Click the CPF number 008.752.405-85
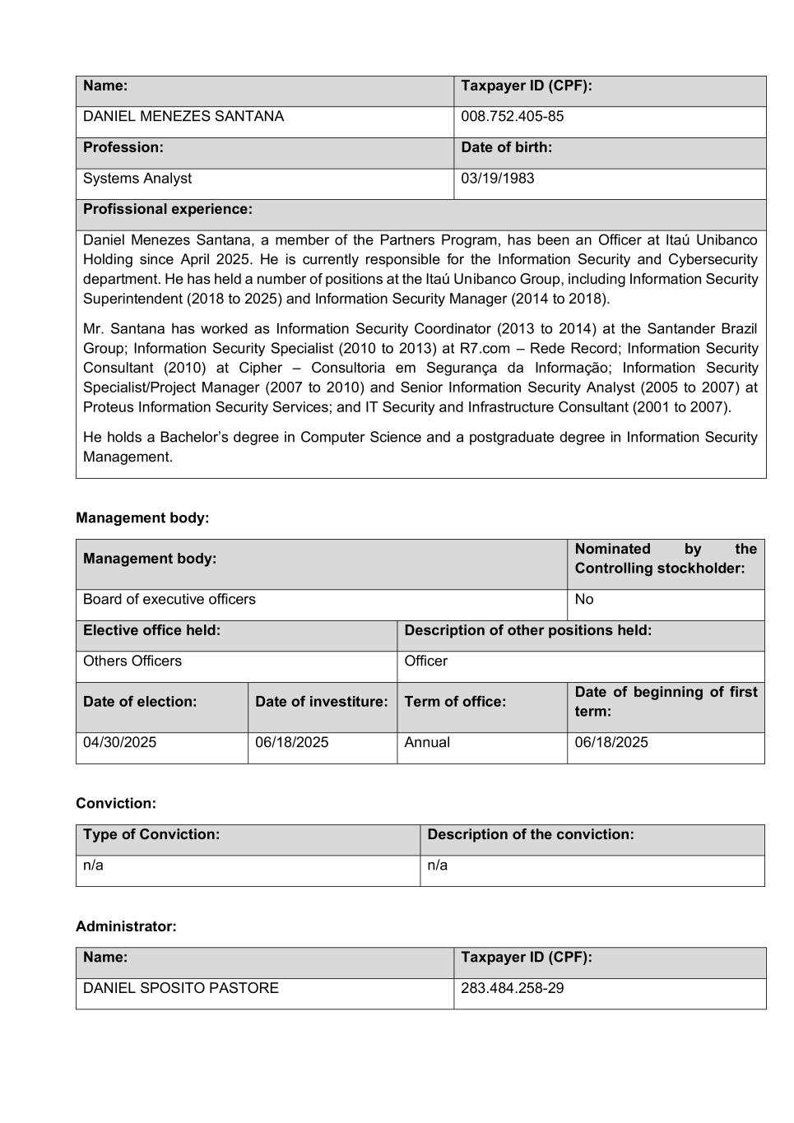(x=512, y=117)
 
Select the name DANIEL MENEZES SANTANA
(x=183, y=117)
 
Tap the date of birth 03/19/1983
(x=497, y=179)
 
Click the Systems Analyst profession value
(x=137, y=179)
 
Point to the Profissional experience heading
(x=168, y=209)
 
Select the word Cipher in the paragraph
(x=260, y=368)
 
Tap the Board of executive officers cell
(x=169, y=599)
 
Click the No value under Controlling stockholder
(x=584, y=599)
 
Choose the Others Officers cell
(x=132, y=661)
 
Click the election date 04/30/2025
(x=119, y=742)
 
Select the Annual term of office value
(x=427, y=742)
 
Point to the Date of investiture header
(x=321, y=702)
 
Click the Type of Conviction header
(x=151, y=834)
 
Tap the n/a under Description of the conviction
(x=438, y=865)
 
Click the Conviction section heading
(x=116, y=803)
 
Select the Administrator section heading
(x=126, y=926)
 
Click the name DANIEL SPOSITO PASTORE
(x=181, y=988)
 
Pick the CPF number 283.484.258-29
(x=512, y=988)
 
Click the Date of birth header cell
(x=506, y=147)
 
